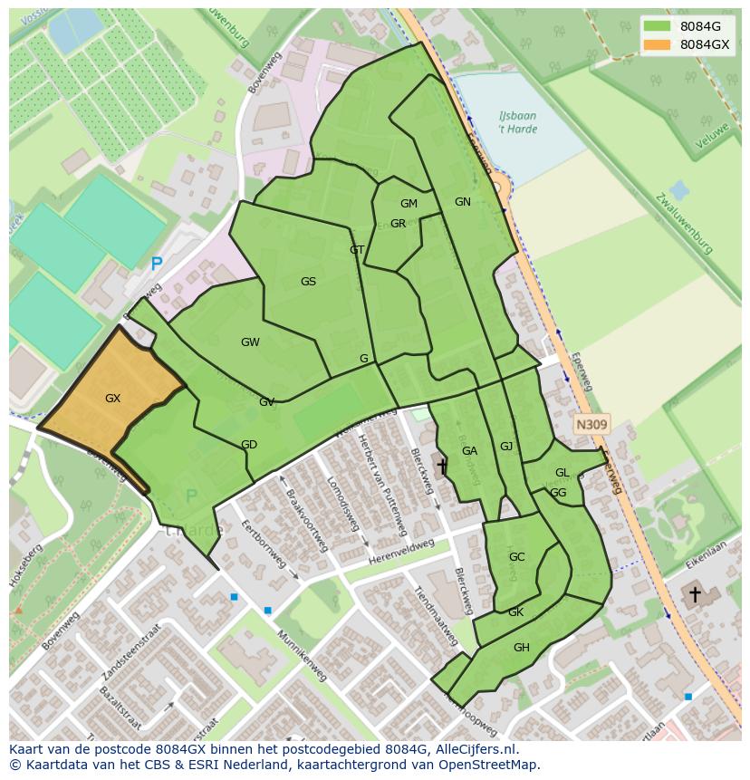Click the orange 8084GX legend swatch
tap(657, 44)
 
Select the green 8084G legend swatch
tap(657, 26)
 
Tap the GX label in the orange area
tap(112, 398)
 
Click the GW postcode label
tap(250, 342)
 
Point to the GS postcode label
tap(308, 281)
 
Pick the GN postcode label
tap(463, 201)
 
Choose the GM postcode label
tap(409, 204)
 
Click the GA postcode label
tap(469, 450)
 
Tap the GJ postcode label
tap(506, 446)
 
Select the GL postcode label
tap(562, 472)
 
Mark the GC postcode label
tap(516, 556)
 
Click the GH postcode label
tap(521, 647)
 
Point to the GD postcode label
tap(249, 444)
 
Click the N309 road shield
tap(591, 423)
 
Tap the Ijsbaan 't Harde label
tap(517, 122)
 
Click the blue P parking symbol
tap(157, 265)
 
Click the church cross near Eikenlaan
tap(695, 594)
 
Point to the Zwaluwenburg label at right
tap(685, 223)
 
